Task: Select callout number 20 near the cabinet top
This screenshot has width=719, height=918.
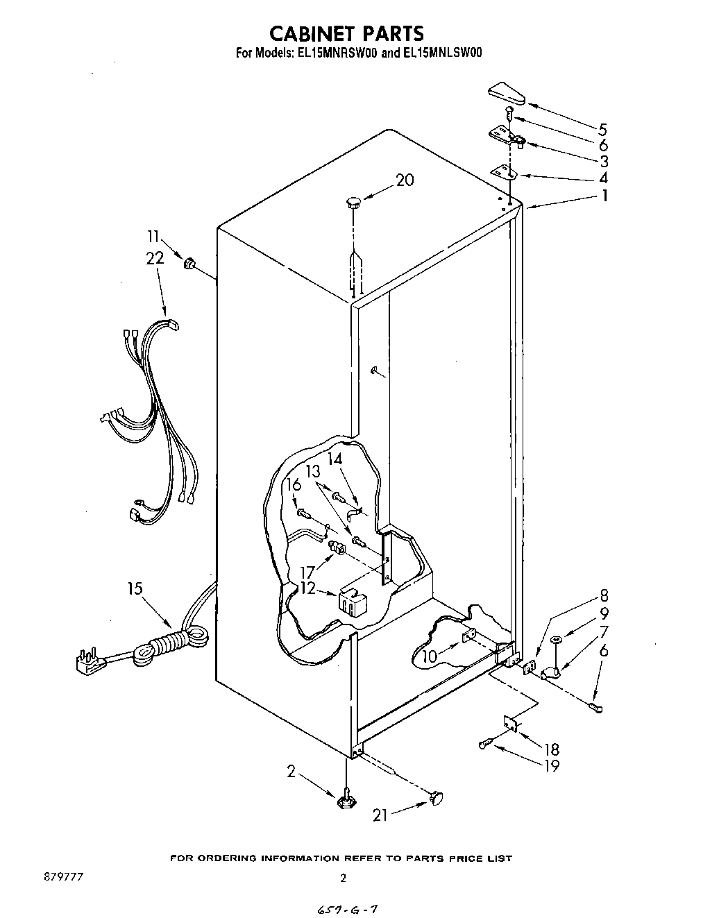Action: tap(405, 180)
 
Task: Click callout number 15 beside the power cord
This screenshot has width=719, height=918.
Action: tap(135, 588)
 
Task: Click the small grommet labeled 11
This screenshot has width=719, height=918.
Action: tap(188, 263)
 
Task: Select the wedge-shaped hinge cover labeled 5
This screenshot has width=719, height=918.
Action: tap(508, 93)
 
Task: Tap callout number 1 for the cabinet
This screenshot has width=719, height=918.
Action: tap(604, 196)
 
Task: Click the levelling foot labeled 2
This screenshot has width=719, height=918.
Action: tap(345, 801)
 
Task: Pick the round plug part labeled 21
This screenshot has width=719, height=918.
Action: tap(437, 799)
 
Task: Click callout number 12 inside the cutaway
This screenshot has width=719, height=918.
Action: tap(307, 588)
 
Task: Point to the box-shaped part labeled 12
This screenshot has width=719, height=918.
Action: tap(353, 599)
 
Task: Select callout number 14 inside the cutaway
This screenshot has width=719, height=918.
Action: tap(335, 459)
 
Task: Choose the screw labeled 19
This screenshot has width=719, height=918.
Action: tap(485, 745)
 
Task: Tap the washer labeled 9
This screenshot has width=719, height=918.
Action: tap(556, 639)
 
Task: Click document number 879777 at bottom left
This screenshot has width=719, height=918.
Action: tap(63, 878)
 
